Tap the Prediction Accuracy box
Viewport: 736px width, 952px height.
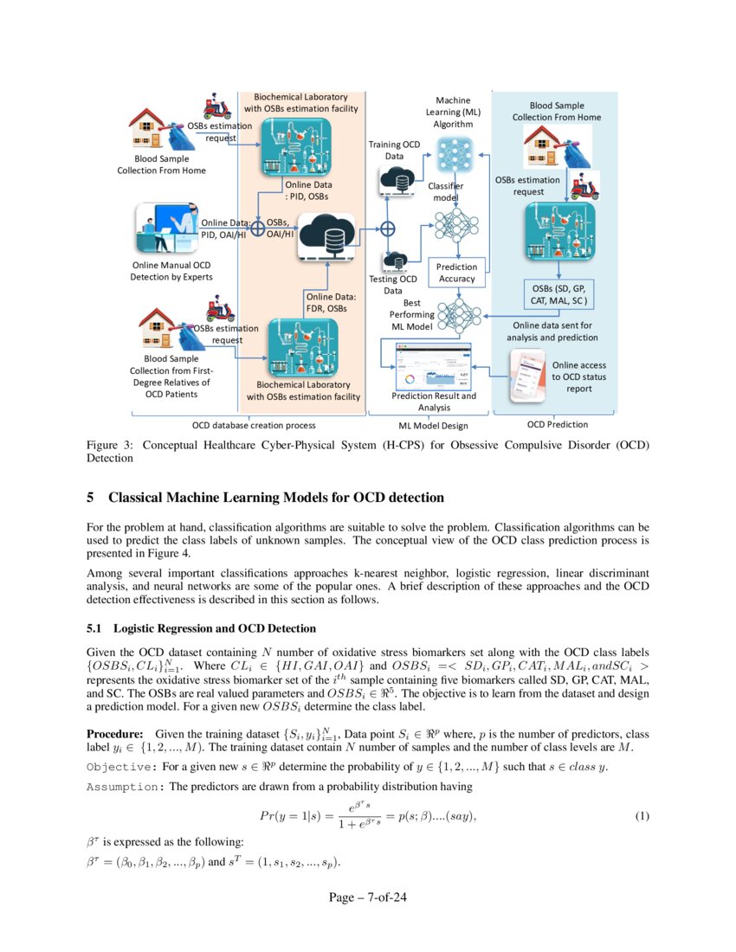pos(456,273)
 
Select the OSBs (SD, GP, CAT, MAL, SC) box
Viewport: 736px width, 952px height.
pos(558,294)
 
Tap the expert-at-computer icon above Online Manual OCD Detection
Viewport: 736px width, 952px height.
pos(163,229)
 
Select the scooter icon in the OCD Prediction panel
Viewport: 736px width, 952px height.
pos(586,186)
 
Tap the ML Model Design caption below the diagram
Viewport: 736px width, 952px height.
pos(433,425)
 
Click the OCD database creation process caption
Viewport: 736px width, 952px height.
pos(253,425)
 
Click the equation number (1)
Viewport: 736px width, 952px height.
pos(642,817)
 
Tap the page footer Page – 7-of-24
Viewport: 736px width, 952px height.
pos(367,897)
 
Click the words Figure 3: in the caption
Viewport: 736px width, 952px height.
pos(110,445)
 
